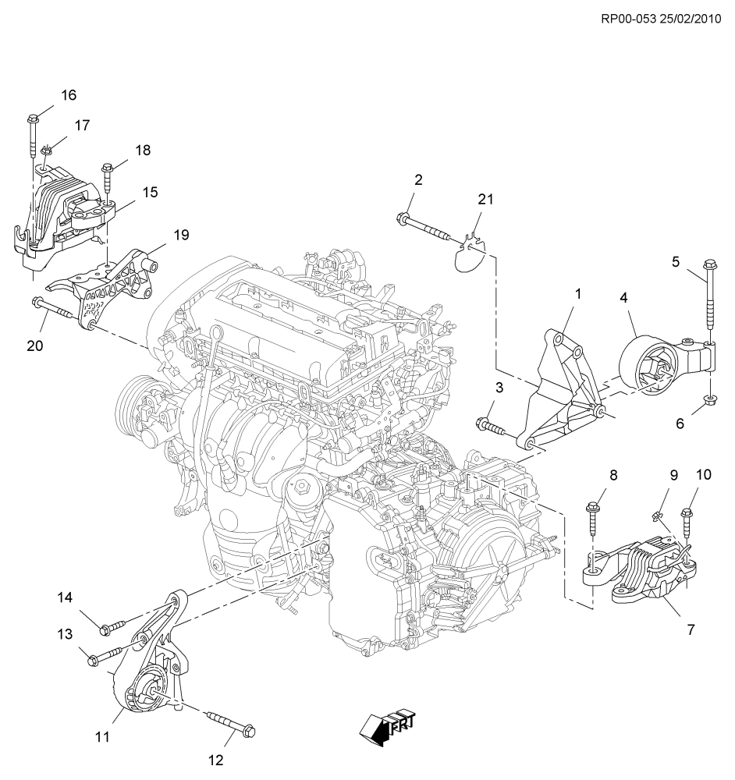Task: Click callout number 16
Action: pyautogui.click(x=69, y=95)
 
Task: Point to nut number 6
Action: pyautogui.click(x=710, y=401)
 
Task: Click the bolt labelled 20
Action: pyautogui.click(x=55, y=310)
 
